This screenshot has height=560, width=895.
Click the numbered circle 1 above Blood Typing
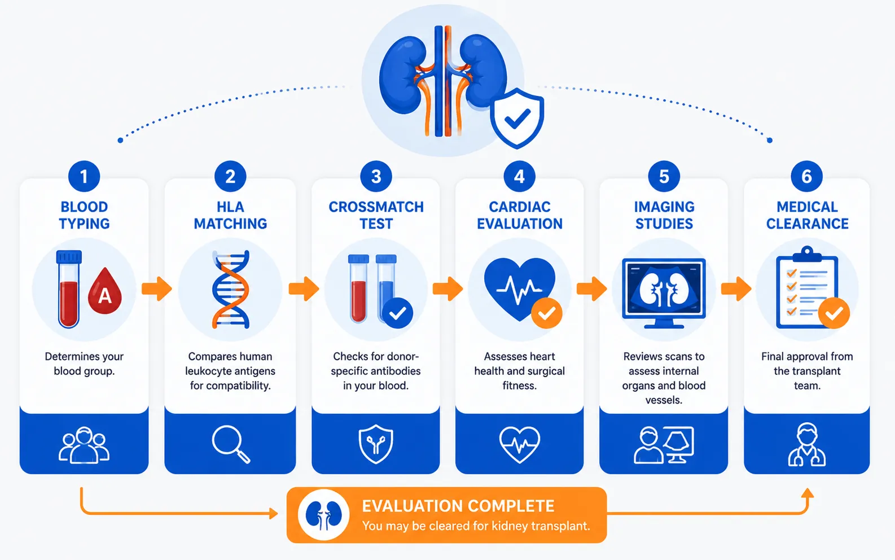pos(84,176)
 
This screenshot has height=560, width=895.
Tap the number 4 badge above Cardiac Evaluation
pos(519,176)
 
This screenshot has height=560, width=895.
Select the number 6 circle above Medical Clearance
pos(807,176)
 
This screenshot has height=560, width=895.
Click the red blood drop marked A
pos(105,291)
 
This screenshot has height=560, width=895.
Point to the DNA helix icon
pos(231,290)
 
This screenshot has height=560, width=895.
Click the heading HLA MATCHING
pos(231,215)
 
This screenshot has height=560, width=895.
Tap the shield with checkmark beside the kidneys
pos(517,118)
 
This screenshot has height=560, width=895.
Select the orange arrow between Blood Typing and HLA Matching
pos(157,288)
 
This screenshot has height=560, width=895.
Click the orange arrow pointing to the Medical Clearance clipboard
pos(736,288)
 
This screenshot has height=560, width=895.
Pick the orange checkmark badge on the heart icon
pos(547,313)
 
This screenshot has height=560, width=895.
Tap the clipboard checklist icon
pos(807,288)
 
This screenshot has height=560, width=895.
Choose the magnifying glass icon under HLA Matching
pos(231,444)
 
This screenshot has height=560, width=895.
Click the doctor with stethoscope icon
pos(807,444)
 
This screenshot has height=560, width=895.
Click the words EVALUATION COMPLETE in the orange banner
pos(458,506)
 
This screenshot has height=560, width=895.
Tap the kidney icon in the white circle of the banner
pos(324,515)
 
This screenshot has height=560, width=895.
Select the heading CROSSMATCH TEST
pos(376,215)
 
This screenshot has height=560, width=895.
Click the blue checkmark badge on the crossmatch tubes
pos(397,313)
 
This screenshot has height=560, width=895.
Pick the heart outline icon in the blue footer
pos(519,444)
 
